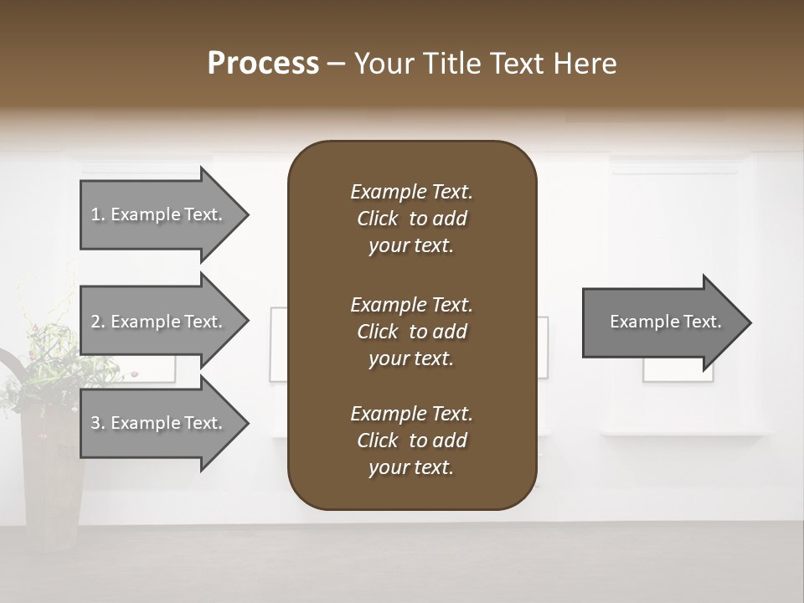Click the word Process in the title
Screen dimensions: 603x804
click(x=263, y=64)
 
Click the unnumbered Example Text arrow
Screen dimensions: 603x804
click(x=662, y=322)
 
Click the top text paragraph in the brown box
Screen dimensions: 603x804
click(x=411, y=219)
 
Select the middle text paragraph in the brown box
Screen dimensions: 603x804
click(x=411, y=332)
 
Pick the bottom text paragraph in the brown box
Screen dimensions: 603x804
click(x=411, y=441)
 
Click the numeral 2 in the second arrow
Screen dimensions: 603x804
click(x=95, y=322)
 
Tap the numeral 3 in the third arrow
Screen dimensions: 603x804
click(x=95, y=423)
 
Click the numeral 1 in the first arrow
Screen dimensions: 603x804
click(x=95, y=214)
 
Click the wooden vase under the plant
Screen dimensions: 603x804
click(x=52, y=477)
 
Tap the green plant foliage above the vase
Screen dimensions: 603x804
click(x=42, y=352)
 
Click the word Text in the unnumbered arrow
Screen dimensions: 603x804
click(x=703, y=322)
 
